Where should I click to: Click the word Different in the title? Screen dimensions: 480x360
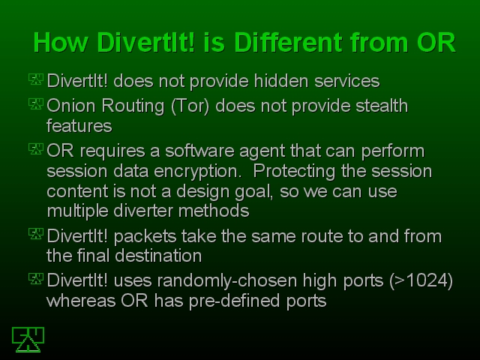tap(289, 42)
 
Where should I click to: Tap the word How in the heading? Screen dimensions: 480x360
tap(61, 42)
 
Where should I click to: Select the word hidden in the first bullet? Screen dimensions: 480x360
tap(281, 81)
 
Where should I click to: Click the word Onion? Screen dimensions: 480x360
tap(71, 106)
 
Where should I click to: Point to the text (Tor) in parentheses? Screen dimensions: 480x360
tap(190, 106)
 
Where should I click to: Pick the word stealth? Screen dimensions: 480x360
tap(382, 106)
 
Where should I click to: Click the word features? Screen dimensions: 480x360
tap(79, 126)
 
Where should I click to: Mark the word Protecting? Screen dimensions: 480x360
tap(294, 172)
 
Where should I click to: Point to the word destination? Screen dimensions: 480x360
tap(158, 256)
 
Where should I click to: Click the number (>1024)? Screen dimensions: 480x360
tap(421, 280)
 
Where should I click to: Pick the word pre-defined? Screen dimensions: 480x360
tap(234, 301)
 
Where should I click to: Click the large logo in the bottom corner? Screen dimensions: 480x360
tap(28, 340)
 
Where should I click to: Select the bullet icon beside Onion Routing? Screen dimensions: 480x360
tap(36, 103)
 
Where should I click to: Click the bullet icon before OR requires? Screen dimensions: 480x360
tap(36, 148)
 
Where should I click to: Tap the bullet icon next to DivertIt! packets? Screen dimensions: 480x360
tap(36, 234)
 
